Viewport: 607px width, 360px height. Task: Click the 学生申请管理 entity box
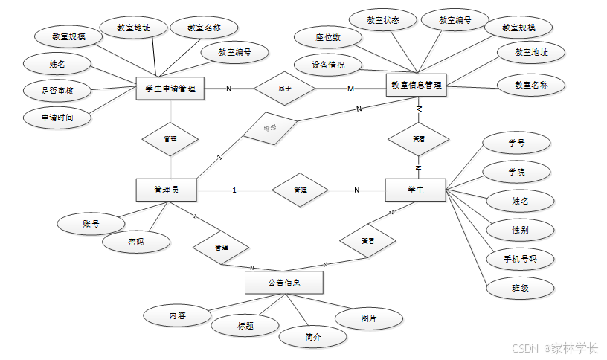(170, 89)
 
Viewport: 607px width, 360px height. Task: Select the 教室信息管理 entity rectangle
(416, 85)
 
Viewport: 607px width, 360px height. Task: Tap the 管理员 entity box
(167, 190)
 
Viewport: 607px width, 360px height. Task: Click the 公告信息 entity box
(283, 283)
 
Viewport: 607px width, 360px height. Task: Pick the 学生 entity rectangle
(415, 190)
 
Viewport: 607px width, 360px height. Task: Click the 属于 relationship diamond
(285, 89)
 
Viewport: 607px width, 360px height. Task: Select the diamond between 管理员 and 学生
(301, 190)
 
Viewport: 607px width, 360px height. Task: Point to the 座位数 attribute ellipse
(327, 37)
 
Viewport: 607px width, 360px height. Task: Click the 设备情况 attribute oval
(328, 65)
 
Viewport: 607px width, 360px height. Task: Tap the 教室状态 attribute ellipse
(383, 21)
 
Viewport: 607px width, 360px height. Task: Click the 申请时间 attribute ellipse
(56, 118)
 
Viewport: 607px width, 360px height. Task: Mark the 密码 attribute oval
(136, 242)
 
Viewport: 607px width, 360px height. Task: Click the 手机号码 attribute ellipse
(520, 259)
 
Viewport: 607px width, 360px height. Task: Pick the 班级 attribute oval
(520, 287)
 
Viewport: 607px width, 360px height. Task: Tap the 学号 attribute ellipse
(517, 142)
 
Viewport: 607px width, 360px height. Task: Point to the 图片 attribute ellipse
(369, 318)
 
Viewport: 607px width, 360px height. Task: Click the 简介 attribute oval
(313, 336)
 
